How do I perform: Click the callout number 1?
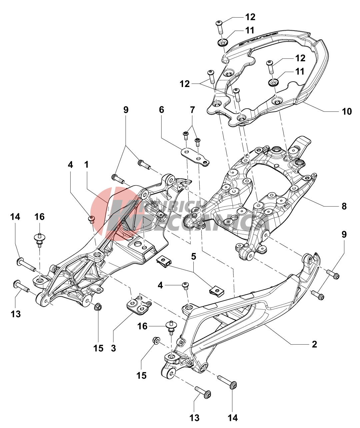click(87, 165)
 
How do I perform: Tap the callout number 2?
click(314, 344)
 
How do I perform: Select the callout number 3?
click(113, 348)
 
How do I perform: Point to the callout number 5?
click(193, 257)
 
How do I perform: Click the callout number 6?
click(161, 110)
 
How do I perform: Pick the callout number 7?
click(192, 110)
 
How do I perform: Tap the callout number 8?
click(344, 206)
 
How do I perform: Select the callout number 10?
click(347, 111)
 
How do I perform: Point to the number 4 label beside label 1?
click(70, 165)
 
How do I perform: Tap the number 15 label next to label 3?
click(98, 348)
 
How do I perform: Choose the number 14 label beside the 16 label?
click(15, 217)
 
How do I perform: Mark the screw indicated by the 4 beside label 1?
click(91, 219)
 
